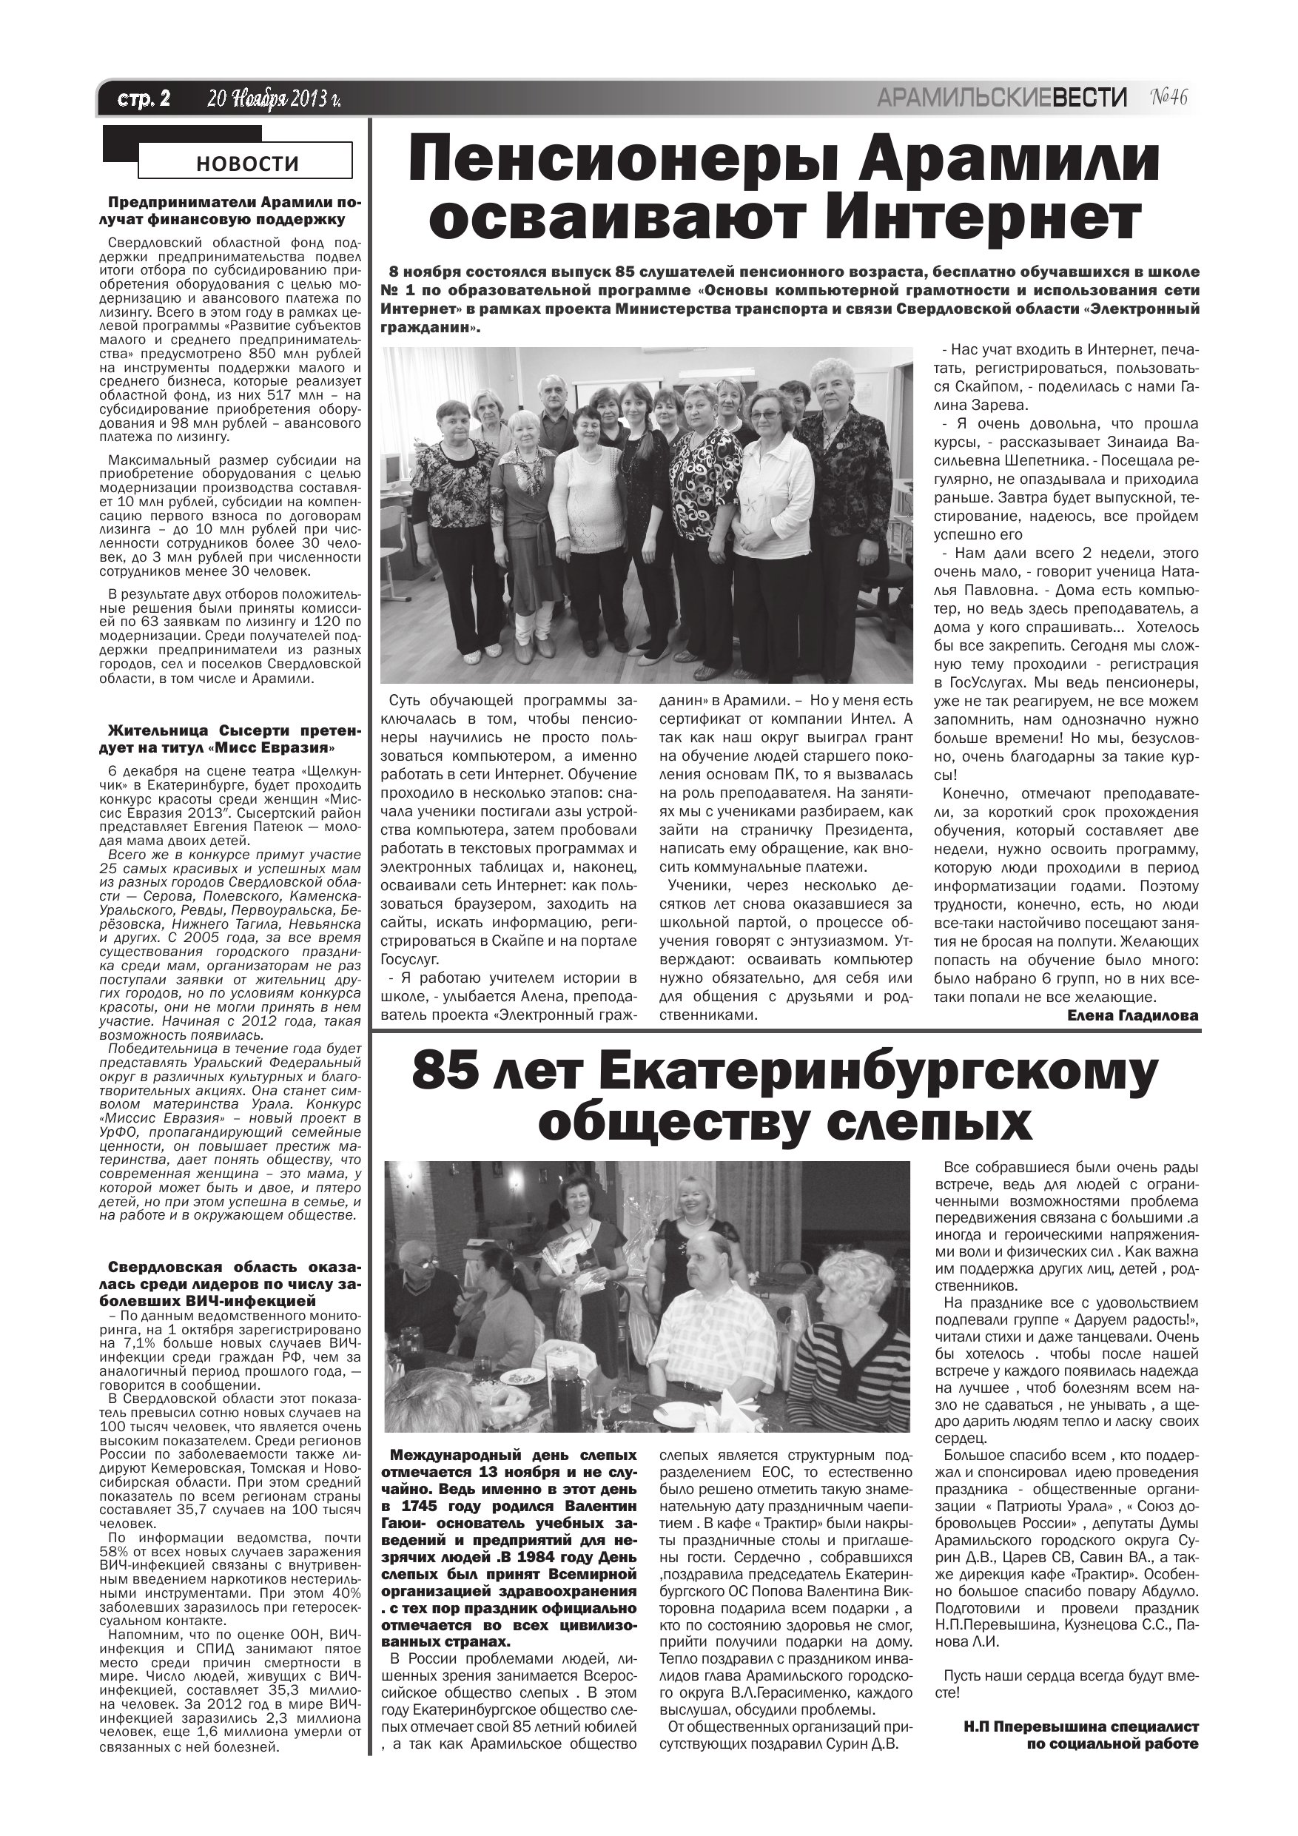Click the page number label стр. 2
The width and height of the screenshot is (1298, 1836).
[144, 99]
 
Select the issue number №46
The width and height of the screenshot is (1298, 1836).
[1169, 98]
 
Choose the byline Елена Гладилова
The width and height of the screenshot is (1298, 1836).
[1132, 1015]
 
